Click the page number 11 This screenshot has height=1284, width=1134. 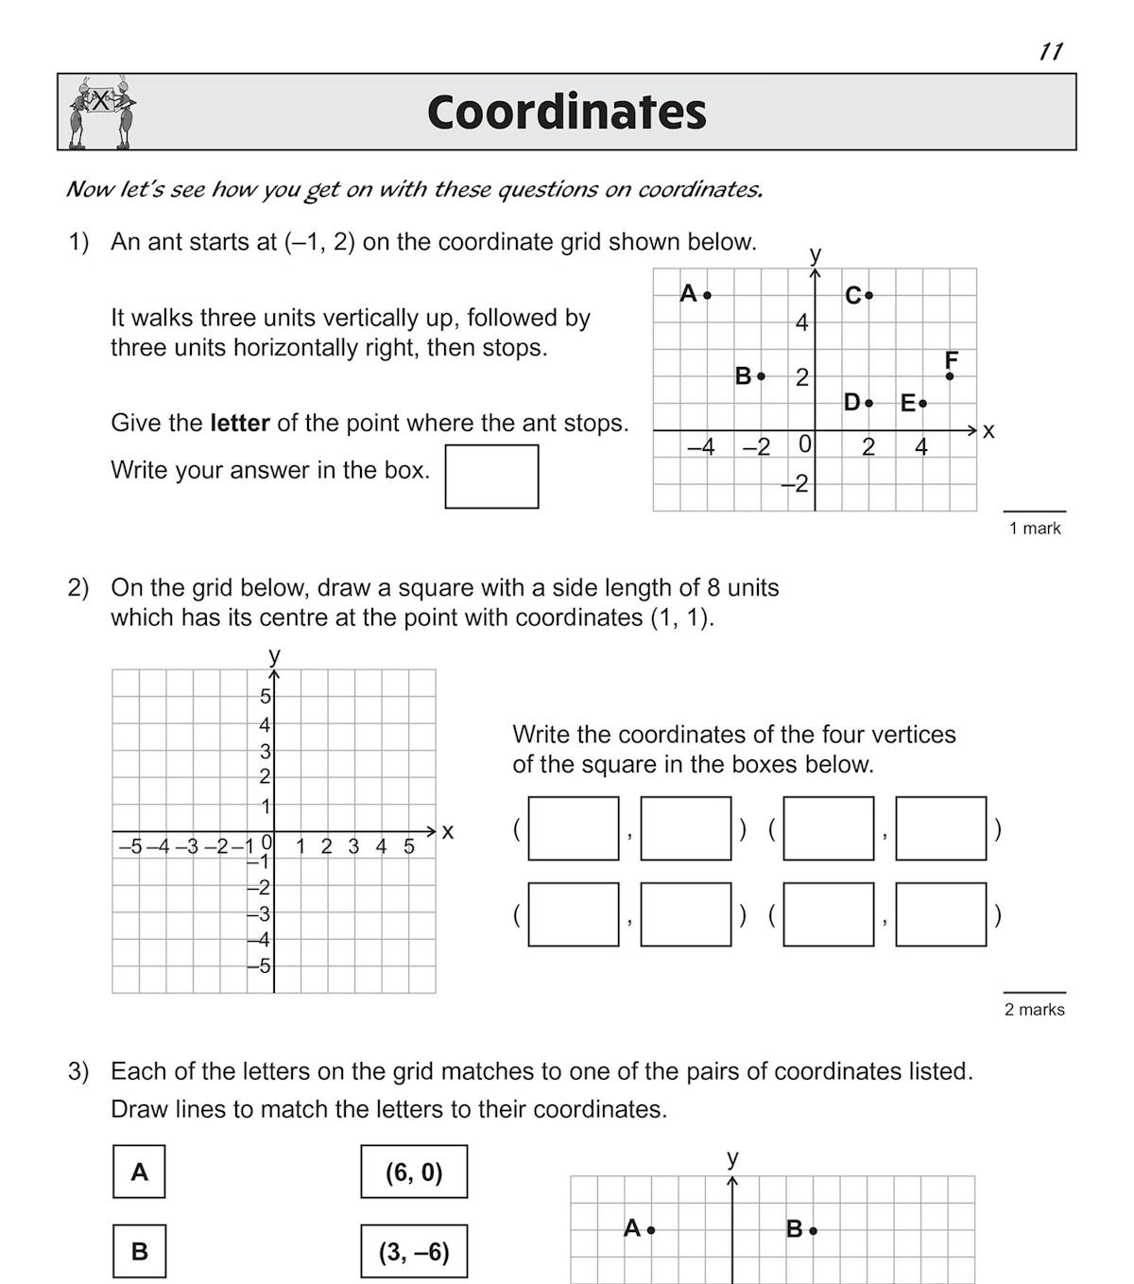click(1051, 51)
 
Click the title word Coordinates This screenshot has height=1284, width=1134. click(566, 112)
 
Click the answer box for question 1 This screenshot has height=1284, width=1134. click(491, 477)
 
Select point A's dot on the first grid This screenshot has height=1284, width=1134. click(708, 295)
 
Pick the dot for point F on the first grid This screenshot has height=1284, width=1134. click(950, 376)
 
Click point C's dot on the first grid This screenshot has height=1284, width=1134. click(869, 295)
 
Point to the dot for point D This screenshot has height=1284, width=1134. click(869, 404)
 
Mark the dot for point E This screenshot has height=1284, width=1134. click(923, 404)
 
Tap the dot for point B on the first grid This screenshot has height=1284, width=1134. click(762, 376)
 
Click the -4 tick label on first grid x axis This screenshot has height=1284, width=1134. click(701, 446)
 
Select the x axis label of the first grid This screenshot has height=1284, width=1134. click(988, 431)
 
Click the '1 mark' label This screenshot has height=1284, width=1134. click(1035, 529)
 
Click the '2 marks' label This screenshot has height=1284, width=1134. click(1034, 1010)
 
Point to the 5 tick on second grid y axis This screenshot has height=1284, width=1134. click(266, 697)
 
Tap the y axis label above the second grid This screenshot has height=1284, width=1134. click(274, 654)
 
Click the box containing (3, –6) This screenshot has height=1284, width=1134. click(414, 1252)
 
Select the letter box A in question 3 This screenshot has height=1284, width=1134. click(139, 1171)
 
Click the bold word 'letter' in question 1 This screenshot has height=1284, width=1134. click(240, 423)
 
